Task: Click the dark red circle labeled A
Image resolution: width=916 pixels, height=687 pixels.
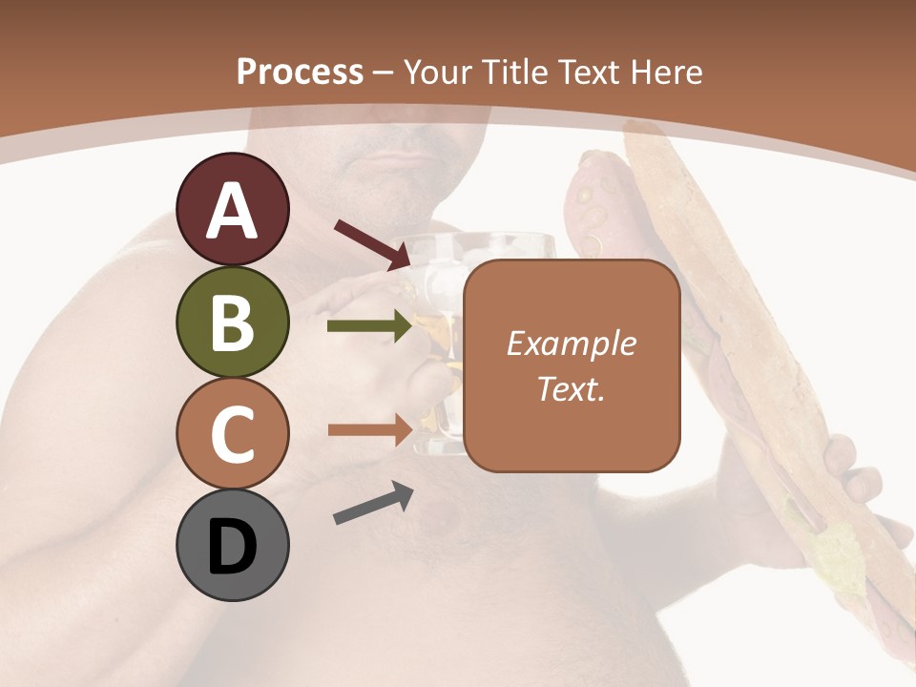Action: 232,209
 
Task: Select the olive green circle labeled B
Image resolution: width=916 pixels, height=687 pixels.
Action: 232,322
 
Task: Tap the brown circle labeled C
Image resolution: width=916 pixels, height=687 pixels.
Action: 232,434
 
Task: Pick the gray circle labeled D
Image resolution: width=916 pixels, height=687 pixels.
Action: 232,546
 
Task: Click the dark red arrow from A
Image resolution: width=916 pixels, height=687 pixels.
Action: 373,244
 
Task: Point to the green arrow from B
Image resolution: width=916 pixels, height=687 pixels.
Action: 370,326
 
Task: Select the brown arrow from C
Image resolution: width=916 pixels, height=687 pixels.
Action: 370,429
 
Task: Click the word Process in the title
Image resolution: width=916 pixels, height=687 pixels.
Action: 300,73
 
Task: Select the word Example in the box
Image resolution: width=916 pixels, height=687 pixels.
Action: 571,343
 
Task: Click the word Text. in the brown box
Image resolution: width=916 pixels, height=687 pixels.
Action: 571,388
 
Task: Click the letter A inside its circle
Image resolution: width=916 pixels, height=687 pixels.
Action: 232,212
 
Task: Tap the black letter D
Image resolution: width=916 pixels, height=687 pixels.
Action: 232,549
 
